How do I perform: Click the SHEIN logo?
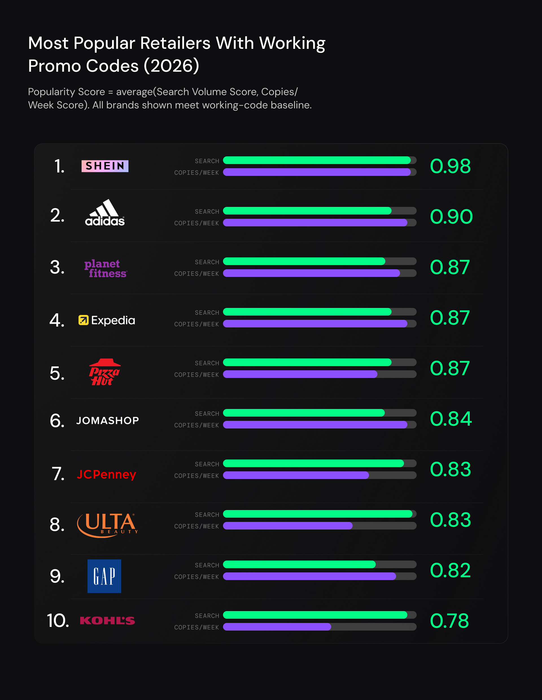tap(105, 166)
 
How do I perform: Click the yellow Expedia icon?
tap(83, 320)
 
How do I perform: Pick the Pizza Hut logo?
tap(104, 372)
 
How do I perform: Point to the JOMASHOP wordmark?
tap(107, 421)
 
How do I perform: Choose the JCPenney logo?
tap(106, 474)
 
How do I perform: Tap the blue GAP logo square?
tap(104, 576)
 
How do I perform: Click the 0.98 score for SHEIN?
tap(450, 166)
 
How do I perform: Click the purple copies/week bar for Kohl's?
tap(277, 627)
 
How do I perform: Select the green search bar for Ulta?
tap(318, 514)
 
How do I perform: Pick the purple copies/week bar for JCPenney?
tap(296, 475)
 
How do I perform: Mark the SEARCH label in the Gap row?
tap(207, 565)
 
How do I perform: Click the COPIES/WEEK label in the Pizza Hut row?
tap(196, 375)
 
